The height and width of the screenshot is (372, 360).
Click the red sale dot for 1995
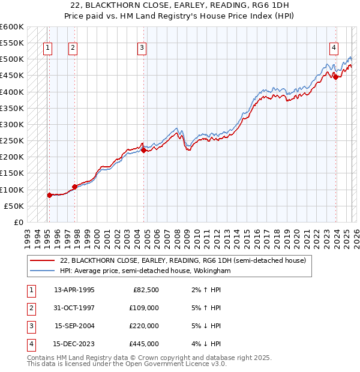(49, 195)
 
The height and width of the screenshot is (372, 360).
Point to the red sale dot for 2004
(143, 151)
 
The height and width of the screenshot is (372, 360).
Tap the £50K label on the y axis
(14, 206)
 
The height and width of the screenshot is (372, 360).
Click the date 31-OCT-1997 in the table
(74, 308)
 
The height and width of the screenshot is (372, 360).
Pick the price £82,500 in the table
(145, 290)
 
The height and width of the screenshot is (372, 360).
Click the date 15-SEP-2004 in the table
(74, 326)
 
